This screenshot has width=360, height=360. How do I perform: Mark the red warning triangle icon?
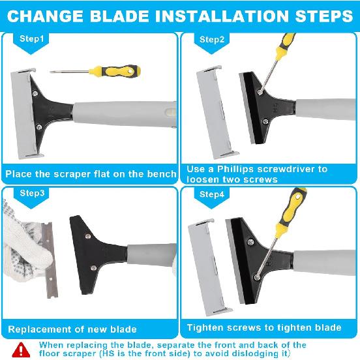(x=22, y=349)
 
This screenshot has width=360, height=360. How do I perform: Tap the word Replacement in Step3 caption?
(x=38, y=329)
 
